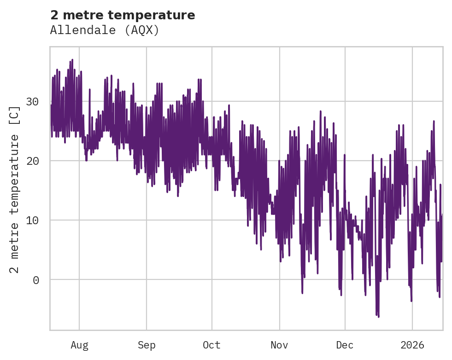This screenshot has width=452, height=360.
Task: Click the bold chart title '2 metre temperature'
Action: coord(123,15)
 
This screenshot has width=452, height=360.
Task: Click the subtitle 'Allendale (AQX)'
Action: coord(105,30)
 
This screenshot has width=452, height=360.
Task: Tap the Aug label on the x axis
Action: coord(79,345)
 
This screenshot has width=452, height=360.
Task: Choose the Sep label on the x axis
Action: coord(147,345)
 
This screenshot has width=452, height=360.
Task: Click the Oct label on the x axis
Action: coord(212,345)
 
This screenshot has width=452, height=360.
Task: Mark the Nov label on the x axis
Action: coord(279,345)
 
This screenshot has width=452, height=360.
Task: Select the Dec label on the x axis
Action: coord(345,345)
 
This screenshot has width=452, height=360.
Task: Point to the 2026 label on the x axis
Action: coord(412,345)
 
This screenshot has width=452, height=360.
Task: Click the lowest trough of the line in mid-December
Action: coord(378,317)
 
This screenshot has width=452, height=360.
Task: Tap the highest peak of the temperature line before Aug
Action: coord(72,60)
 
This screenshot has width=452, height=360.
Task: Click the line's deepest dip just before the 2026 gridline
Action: coord(411,301)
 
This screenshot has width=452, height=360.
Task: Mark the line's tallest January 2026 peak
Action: coord(434,121)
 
